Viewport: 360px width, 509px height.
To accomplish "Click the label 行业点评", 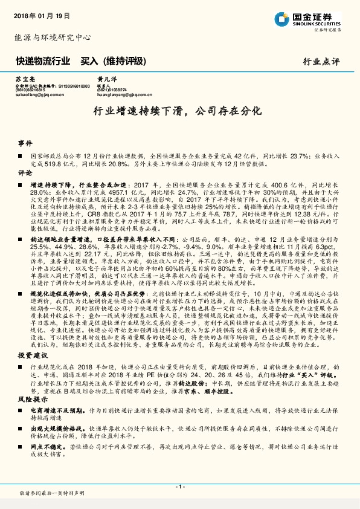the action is [x=322, y=62].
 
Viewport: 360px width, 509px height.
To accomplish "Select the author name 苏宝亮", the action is [x=24, y=79].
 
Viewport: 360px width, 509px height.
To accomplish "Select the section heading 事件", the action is [x=25, y=144].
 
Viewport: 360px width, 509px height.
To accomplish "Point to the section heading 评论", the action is [x=25, y=172].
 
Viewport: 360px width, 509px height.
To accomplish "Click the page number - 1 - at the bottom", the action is [x=179, y=486].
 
